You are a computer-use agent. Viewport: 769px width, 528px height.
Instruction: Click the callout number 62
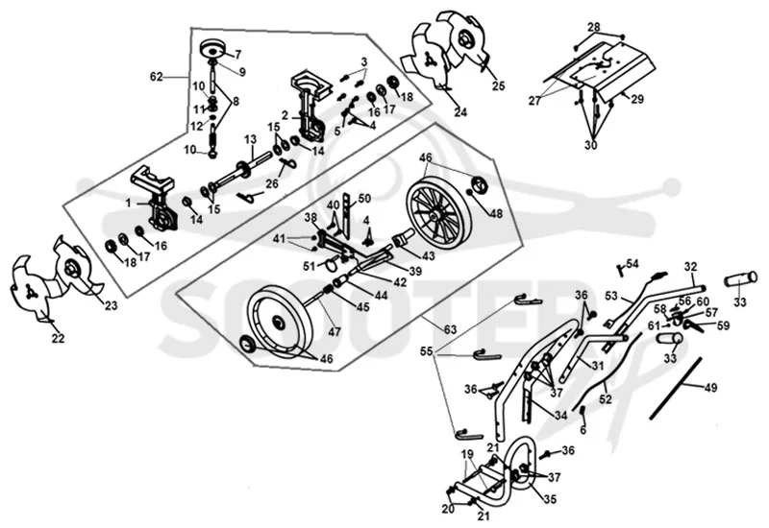pos(157,77)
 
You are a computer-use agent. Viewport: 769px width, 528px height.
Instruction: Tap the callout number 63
pos(450,329)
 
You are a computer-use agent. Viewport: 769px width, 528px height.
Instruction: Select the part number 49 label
pos(710,388)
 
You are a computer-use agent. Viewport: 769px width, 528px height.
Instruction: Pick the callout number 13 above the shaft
pos(251,139)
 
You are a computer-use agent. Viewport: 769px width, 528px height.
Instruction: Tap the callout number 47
pos(335,331)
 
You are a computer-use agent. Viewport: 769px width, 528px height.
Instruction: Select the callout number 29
pos(637,100)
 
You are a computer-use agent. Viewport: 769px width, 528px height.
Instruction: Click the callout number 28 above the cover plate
pos(594,27)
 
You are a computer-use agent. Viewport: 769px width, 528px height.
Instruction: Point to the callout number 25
pos(498,86)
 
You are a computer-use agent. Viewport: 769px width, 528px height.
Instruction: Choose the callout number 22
pos(58,339)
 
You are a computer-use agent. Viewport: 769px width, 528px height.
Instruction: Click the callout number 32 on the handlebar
pos(690,267)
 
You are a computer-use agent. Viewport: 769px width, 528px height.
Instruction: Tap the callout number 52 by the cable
pos(606,399)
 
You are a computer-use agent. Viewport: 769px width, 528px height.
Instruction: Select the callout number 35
pos(550,499)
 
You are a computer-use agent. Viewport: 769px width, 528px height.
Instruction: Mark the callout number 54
pos(633,265)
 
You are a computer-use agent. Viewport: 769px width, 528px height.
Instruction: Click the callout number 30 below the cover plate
pos(591,146)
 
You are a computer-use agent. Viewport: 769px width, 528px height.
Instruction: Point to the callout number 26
pos(272,183)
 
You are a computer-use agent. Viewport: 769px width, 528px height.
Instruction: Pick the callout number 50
pos(364,199)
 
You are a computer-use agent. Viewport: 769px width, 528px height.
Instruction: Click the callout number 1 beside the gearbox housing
pos(129,203)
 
